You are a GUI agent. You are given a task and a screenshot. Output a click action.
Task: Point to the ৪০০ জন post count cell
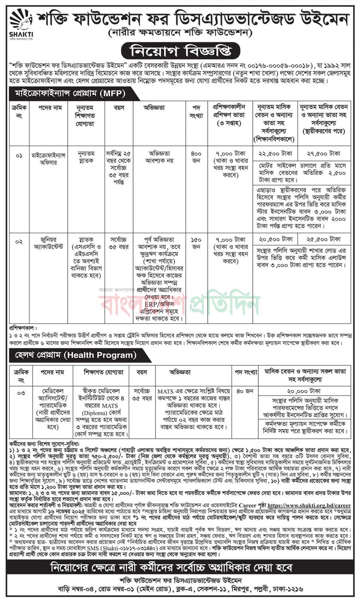coord(196,157)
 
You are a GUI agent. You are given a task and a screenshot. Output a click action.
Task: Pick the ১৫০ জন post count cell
coord(196,243)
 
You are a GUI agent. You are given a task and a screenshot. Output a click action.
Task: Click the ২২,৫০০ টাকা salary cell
coord(276,153)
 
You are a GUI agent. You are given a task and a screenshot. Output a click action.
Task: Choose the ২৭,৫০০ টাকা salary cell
coord(325,153)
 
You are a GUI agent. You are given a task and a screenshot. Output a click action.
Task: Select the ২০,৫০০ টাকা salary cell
coord(276,239)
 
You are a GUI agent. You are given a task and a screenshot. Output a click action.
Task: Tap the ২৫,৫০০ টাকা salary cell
coord(325,239)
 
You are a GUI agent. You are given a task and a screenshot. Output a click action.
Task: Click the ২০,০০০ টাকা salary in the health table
coord(304,391)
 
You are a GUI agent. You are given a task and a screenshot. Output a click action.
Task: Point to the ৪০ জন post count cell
coord(245,391)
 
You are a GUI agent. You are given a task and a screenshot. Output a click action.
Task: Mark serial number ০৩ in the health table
coord(21,393)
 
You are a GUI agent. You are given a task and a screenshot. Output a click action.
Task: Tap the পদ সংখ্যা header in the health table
coord(245,372)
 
